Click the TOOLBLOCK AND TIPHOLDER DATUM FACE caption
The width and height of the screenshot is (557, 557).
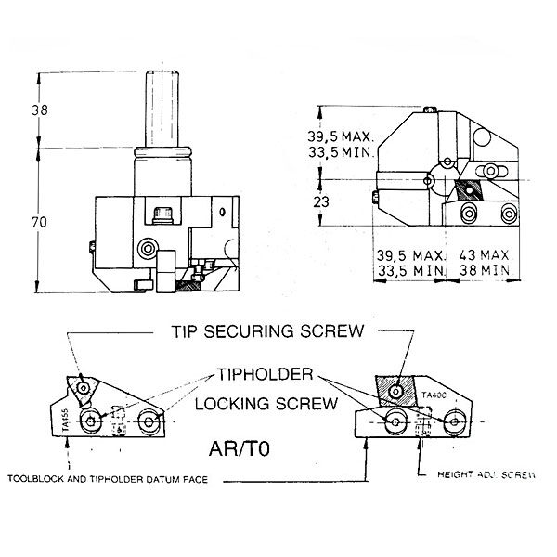(x=108, y=480)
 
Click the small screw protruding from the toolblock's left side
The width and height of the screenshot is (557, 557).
(x=90, y=245)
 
